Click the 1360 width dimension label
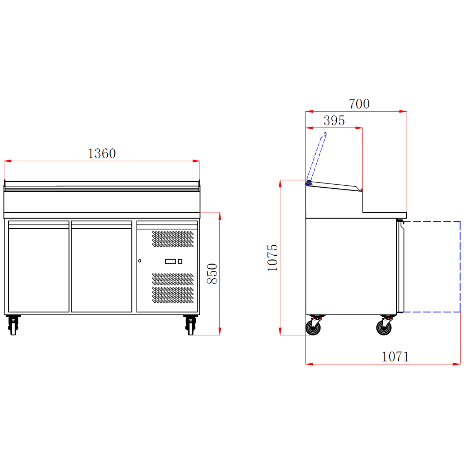pos(102,154)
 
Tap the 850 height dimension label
pos(212,273)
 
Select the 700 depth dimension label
pos(359,104)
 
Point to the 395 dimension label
pos(334,120)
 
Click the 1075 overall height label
pos(272,258)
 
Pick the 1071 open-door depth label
pos(396,357)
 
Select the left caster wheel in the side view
pos(313,328)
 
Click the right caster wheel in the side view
pos(384,328)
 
